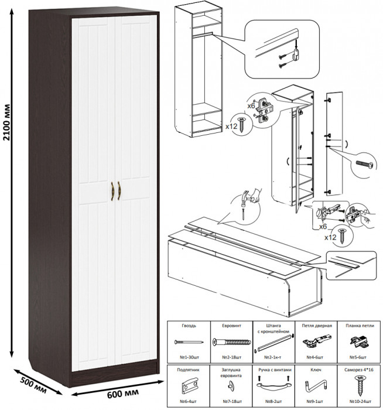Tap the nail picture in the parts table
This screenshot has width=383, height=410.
[x=187, y=342]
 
